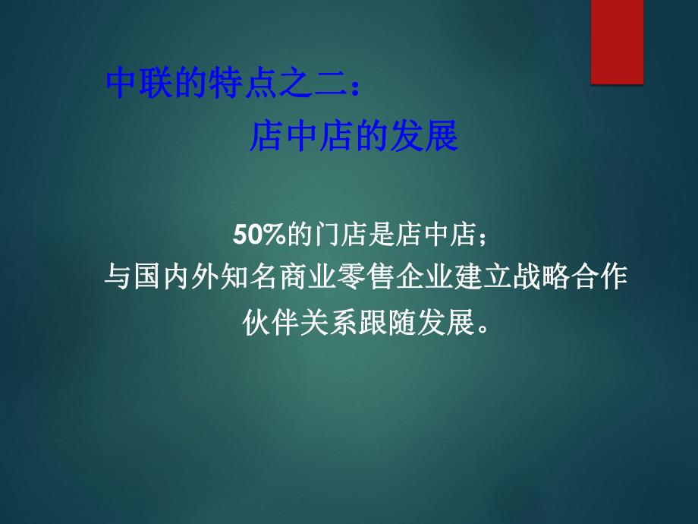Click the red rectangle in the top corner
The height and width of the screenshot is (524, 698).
(617, 41)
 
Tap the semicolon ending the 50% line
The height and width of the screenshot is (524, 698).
(479, 237)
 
